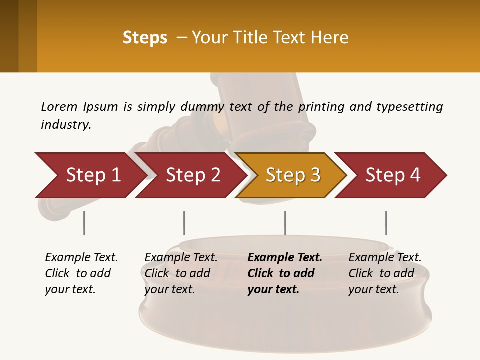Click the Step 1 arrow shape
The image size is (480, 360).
click(x=93, y=175)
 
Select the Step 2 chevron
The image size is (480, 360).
click(x=193, y=175)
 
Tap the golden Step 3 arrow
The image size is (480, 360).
click(x=293, y=175)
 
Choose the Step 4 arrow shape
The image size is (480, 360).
click(x=393, y=175)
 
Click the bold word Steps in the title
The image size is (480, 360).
click(x=145, y=38)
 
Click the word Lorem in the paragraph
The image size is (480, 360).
click(x=59, y=106)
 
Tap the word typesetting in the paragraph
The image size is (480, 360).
click(x=409, y=106)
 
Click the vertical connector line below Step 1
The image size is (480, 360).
click(x=84, y=223)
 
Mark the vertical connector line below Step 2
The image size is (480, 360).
click(x=184, y=223)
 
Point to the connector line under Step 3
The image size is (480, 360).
click(x=285, y=223)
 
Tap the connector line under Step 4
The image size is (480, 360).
click(x=386, y=223)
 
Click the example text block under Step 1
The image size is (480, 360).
click(x=81, y=273)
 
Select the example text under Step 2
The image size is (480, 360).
click(x=181, y=273)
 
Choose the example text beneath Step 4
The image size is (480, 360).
click(x=385, y=273)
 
